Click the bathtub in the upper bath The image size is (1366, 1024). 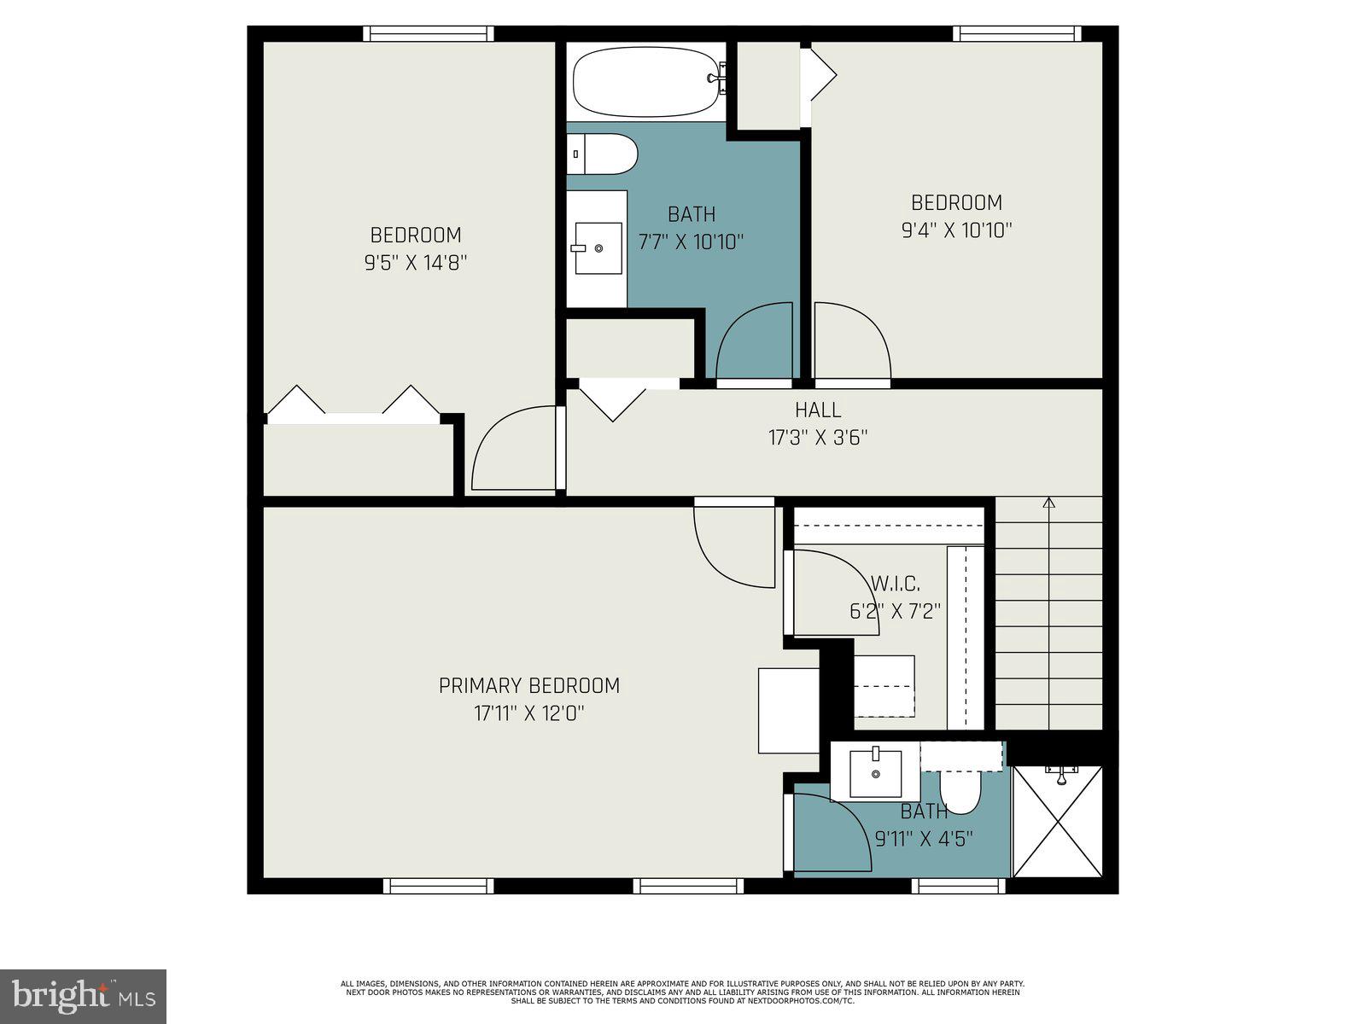point(645,82)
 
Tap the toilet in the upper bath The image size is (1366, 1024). point(603,154)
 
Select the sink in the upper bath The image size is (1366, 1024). point(598,247)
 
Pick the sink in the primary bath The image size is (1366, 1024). point(876,773)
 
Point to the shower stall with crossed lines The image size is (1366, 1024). point(1058,822)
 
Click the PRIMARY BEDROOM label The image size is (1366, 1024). point(528,685)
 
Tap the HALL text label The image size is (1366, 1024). point(818,410)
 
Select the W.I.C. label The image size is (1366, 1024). point(895,584)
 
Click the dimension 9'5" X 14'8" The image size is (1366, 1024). point(416,262)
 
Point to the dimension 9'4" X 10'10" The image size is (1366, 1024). point(956,230)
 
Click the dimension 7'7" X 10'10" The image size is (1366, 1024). point(692,241)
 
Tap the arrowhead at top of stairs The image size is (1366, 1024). point(1049,503)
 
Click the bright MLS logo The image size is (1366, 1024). point(83,996)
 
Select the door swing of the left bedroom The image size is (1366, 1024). point(512,450)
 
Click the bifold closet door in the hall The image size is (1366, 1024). point(613,402)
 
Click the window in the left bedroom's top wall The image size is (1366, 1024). point(429,33)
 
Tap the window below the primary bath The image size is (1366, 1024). point(959,887)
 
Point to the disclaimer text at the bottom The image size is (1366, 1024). point(682,992)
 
